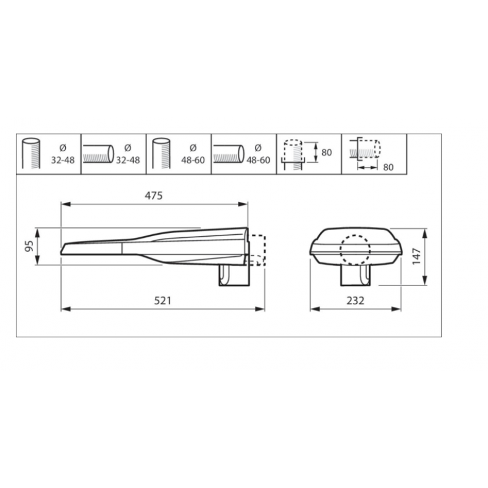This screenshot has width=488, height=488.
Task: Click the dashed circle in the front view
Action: click(355, 250)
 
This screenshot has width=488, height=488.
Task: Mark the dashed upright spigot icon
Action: click(293, 152)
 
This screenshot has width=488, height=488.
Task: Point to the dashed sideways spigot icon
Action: click(364, 148)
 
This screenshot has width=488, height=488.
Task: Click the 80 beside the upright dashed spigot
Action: click(326, 152)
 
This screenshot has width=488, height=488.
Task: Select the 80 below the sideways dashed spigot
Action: click(389, 165)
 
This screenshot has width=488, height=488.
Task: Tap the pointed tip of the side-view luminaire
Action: click(63, 249)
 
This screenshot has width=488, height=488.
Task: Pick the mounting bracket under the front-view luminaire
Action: click(355, 276)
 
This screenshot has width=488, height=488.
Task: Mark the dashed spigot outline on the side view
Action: click(258, 251)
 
